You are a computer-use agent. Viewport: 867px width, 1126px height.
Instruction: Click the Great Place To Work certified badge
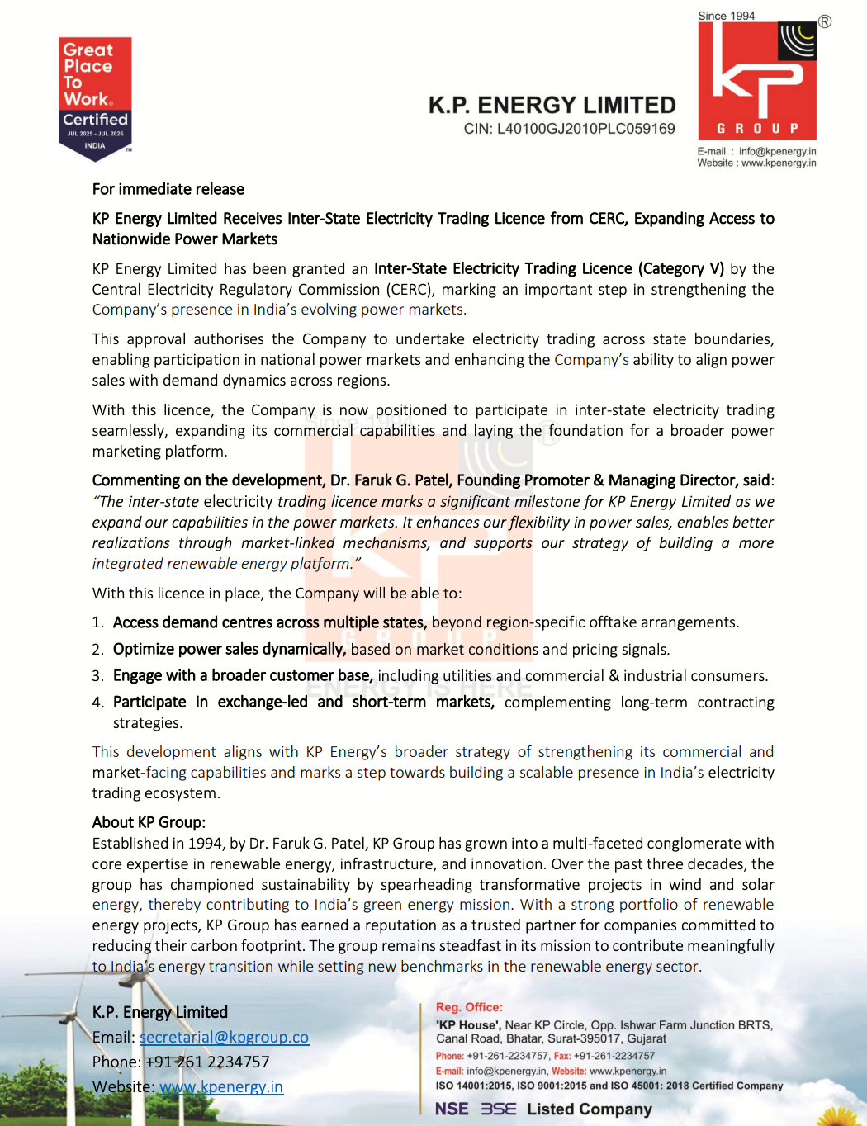tap(95, 97)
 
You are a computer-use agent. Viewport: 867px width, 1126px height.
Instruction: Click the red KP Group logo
tap(758, 81)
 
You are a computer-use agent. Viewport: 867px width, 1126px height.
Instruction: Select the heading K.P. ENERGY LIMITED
tap(552, 105)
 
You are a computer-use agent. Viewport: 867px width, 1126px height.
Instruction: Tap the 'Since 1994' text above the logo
tap(726, 16)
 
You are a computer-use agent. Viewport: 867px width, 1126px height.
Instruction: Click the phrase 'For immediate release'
tap(168, 189)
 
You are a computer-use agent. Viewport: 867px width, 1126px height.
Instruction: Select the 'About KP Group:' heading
tap(149, 822)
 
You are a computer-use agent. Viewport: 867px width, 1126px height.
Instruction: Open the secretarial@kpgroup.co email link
tap(224, 1037)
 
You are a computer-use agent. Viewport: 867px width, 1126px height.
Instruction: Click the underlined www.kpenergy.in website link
tap(221, 1086)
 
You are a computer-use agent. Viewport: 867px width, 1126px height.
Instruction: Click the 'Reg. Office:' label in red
tap(469, 1007)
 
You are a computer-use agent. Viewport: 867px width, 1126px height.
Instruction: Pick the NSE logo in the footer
tap(452, 1109)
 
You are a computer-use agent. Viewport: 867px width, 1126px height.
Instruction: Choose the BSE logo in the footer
tap(499, 1109)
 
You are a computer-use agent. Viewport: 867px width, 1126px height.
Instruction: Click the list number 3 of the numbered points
tap(97, 676)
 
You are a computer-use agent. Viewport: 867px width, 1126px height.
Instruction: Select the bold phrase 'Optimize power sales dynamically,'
tap(230, 650)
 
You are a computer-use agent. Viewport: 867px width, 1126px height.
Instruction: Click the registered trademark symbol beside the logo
tap(824, 22)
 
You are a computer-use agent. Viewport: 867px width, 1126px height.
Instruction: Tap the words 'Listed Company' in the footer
tap(590, 1109)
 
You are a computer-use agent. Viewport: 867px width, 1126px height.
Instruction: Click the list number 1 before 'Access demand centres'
tap(97, 622)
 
